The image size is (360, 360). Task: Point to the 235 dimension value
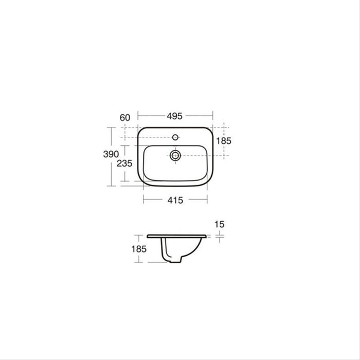[x=124, y=164]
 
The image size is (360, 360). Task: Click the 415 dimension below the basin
[x=175, y=201]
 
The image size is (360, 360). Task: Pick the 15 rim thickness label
[x=221, y=224]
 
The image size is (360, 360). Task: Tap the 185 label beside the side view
[x=139, y=249]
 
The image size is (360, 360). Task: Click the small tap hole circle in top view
[x=175, y=138]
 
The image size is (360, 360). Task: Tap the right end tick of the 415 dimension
[x=207, y=198]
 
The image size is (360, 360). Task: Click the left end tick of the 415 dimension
[x=143, y=198]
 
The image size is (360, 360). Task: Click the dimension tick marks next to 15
[x=220, y=237]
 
